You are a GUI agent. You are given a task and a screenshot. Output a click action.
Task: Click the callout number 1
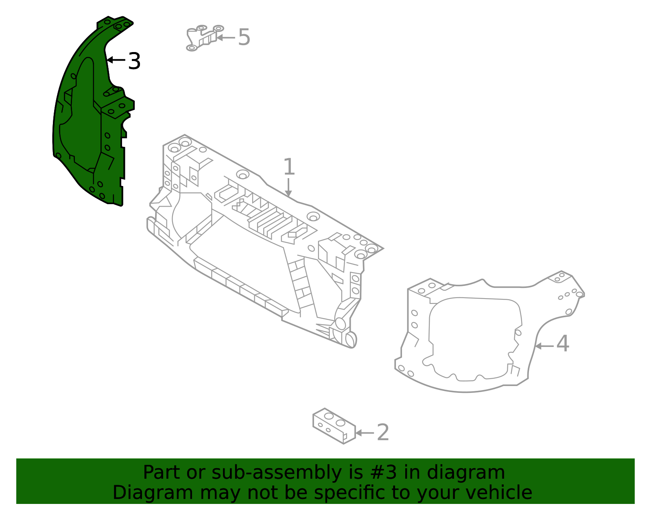[288, 168]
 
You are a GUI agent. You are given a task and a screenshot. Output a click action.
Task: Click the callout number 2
[383, 433]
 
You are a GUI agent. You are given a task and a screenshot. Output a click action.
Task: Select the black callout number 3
[134, 61]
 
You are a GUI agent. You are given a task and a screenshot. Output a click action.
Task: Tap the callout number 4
[563, 344]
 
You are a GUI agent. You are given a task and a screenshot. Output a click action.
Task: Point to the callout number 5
[244, 37]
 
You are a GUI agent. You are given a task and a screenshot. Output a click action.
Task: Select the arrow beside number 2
[365, 433]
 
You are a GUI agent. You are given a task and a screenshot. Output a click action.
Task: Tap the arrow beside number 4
[544, 346]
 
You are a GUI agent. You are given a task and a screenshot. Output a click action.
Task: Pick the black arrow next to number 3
[116, 60]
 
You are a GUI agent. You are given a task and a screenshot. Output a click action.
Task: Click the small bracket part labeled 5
[202, 37]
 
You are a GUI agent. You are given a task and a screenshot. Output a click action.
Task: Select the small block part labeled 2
[334, 426]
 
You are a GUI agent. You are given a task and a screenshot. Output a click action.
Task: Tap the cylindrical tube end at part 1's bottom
[350, 339]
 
